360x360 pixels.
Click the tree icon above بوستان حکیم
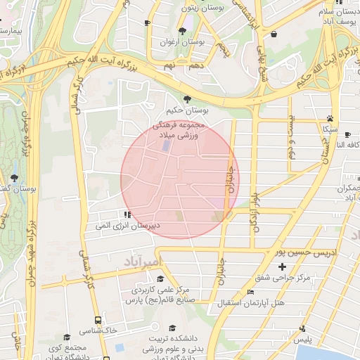point(186,99)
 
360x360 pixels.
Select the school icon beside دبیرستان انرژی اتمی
point(127,214)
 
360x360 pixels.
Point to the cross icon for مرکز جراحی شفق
point(282,266)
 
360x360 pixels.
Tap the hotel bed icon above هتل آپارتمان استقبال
point(250,292)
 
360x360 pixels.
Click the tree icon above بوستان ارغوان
point(183,31)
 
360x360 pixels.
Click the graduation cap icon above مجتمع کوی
point(67,337)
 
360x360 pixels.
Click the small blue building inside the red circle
point(166,146)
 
